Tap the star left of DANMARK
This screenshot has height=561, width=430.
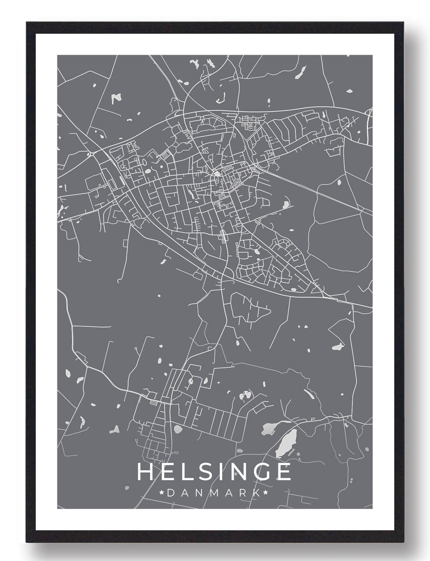[x=162, y=493]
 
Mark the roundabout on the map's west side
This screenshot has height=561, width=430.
[x=91, y=154]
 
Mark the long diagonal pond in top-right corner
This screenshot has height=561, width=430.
[x=301, y=72]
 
